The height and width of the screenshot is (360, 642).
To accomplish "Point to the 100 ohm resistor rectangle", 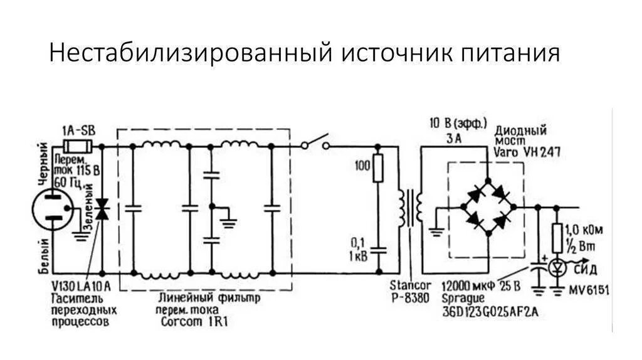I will (x=377, y=169).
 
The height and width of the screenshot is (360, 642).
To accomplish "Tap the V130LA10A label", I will (x=82, y=287).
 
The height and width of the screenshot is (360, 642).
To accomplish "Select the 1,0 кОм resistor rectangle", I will (x=557, y=238).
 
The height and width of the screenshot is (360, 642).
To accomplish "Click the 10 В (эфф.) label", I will (x=458, y=123).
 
